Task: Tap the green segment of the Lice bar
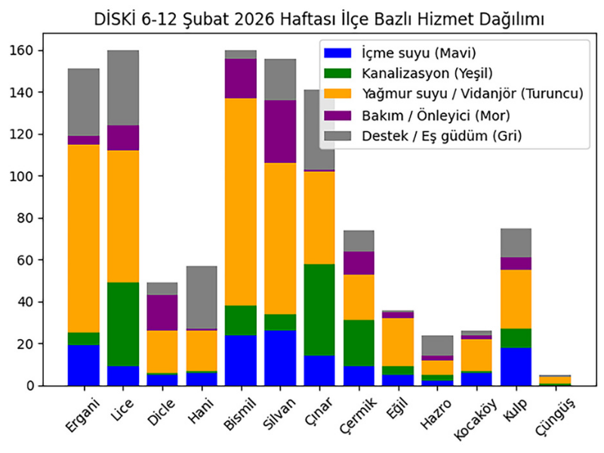[x=123, y=325]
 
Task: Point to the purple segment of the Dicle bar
[x=162, y=313]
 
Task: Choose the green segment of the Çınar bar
[x=319, y=310]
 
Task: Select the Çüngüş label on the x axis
[x=555, y=414]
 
